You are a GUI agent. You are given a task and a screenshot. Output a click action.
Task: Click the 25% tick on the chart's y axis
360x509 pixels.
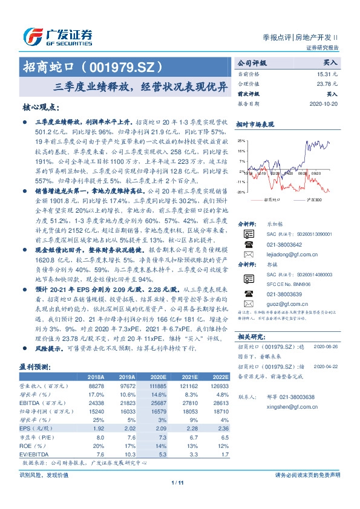pyautogui.click(x=241, y=140)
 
